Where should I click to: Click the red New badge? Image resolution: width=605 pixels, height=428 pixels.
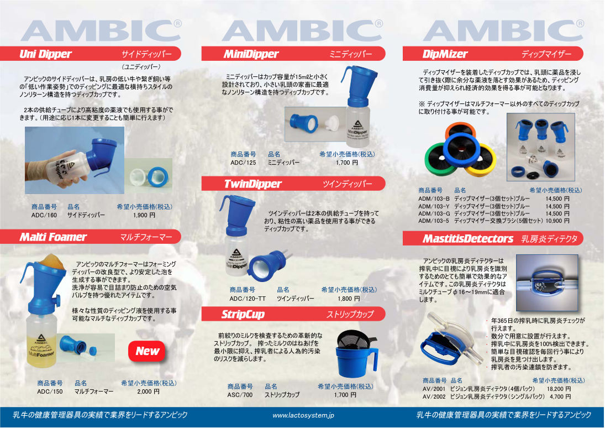tap(147, 351)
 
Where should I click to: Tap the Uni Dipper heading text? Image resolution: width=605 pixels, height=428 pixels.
tap(45, 54)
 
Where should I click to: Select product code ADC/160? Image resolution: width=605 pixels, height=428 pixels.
tap(44, 215)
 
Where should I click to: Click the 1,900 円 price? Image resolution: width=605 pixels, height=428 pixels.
tap(144, 215)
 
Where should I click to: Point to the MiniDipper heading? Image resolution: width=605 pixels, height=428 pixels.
tap(251, 54)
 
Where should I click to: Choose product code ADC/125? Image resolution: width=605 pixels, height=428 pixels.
tap(243, 163)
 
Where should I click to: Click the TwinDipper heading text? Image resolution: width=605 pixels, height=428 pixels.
tap(252, 184)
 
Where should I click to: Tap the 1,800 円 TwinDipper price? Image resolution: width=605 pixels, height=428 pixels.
tap(349, 299)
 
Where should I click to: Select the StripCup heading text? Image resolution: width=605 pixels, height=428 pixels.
tap(243, 315)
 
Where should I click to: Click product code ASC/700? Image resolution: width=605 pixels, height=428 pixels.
tap(240, 395)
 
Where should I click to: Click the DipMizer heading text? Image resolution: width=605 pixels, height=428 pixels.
tap(445, 54)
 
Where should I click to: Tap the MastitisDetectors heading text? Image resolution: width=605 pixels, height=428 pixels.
tap(467, 239)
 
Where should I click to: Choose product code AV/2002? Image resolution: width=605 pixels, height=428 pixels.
tap(434, 396)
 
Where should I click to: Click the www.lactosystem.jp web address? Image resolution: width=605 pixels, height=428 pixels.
tap(303, 416)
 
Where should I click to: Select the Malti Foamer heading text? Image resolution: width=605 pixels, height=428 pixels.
tap(53, 237)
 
